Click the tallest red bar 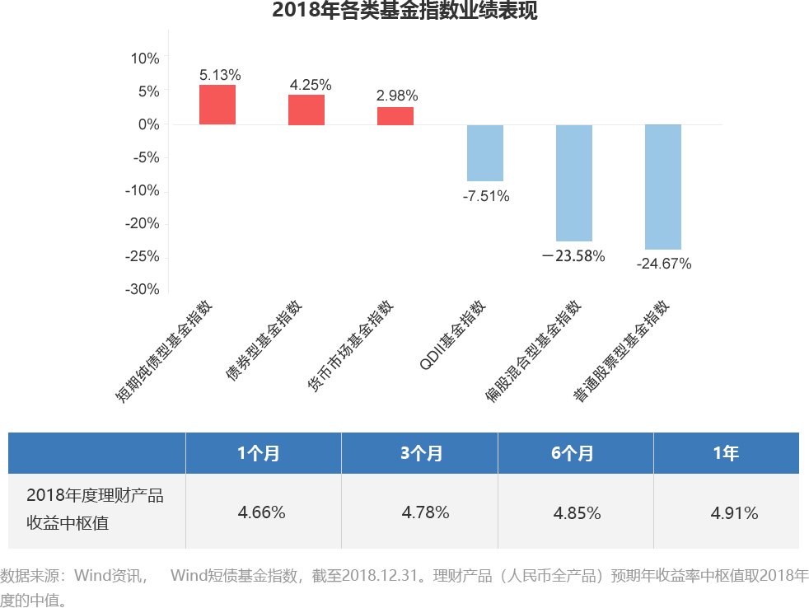point(217,105)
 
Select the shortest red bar point(395,115)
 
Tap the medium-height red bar point(306,109)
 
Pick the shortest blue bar point(484,153)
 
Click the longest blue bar point(662,187)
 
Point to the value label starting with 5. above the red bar point(219,75)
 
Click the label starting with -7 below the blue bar point(486,196)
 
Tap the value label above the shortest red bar point(396,95)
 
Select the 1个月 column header point(259,453)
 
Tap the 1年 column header point(726,453)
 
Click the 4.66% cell point(261,512)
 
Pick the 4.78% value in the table point(425,512)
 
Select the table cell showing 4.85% point(577,513)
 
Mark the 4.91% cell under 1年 point(734,513)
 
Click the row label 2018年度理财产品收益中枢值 point(95,508)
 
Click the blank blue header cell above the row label point(96,452)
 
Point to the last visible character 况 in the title point(531,12)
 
